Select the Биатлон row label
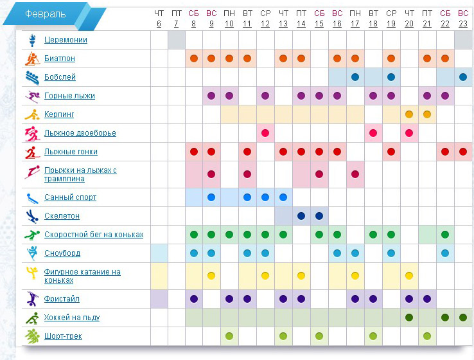point(60,59)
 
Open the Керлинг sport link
point(59,114)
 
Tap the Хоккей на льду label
point(72,318)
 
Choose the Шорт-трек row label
point(63,336)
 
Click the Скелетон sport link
point(62,216)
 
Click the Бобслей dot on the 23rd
point(463,77)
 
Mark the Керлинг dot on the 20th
point(409,114)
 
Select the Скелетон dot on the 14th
point(301,216)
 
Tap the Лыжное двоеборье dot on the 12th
point(265,133)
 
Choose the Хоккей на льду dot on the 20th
point(409,318)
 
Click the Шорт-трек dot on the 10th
point(229,336)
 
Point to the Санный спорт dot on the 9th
point(211,197)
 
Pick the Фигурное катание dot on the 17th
point(355,276)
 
